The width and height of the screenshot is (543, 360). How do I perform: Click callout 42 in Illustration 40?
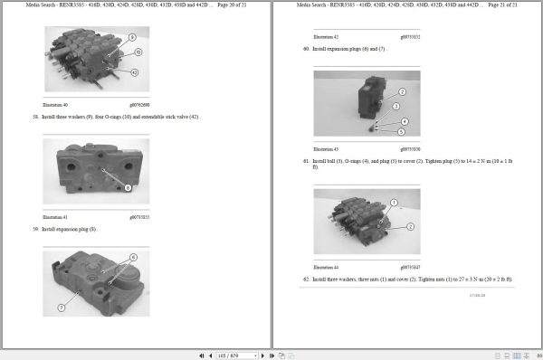point(135,71)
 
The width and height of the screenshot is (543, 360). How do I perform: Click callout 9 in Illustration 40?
point(132,37)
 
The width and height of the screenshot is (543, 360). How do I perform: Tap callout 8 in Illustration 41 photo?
point(128,187)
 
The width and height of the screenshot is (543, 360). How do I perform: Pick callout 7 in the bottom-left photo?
point(61,308)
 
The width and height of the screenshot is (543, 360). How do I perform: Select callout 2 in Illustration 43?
point(402,91)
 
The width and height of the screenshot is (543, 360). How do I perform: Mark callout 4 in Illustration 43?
point(404,121)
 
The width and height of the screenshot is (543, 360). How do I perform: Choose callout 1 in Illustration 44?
point(395,202)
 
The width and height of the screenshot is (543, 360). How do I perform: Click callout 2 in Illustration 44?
point(410,225)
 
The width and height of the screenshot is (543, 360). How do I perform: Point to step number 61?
point(307,160)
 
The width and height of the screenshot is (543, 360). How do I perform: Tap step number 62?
point(307,279)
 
